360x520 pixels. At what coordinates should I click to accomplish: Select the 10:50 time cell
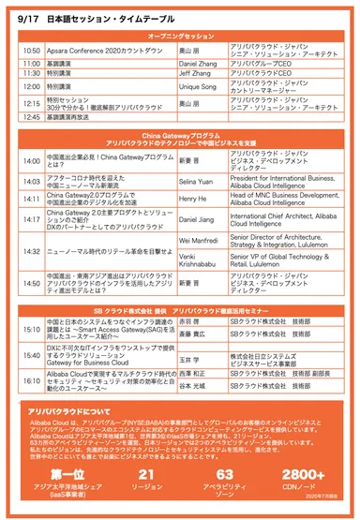31,50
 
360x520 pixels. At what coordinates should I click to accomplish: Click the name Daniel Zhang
194,62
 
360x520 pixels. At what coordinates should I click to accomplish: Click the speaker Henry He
191,198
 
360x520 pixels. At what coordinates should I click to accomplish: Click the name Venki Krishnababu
199,259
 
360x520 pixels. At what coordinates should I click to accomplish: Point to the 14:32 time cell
31,250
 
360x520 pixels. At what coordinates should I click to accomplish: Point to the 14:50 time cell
31,283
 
